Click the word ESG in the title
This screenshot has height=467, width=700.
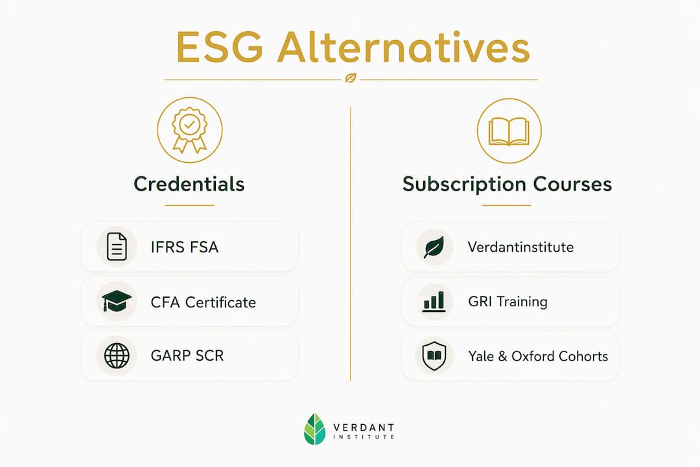coord(220,47)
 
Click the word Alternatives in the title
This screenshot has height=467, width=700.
coord(404,47)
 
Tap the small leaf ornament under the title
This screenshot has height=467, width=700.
coord(351,79)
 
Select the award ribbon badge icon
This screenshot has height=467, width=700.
coord(190,130)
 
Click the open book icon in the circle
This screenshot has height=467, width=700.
coord(509,132)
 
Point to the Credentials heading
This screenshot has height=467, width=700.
coord(189,184)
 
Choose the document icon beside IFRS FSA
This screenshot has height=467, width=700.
coord(117,246)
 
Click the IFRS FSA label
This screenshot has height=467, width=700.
coord(184,247)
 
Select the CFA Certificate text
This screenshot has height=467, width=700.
coord(203,302)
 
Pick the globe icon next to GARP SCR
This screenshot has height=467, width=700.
coord(117,355)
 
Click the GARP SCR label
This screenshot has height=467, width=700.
coord(187,355)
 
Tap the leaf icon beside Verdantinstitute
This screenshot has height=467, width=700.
coord(434,247)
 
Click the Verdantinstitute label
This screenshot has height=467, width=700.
coord(520,247)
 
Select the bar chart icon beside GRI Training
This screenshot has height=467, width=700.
coord(434,302)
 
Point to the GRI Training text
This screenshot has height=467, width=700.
coord(507,302)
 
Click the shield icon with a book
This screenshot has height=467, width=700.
coord(434,356)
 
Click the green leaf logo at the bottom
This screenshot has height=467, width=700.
coord(315,429)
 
